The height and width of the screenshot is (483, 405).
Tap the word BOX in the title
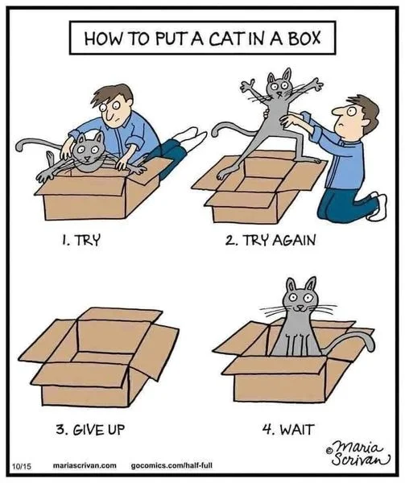click(x=313, y=37)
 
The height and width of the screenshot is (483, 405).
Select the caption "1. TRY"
click(x=81, y=241)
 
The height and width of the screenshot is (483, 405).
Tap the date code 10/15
click(x=20, y=466)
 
